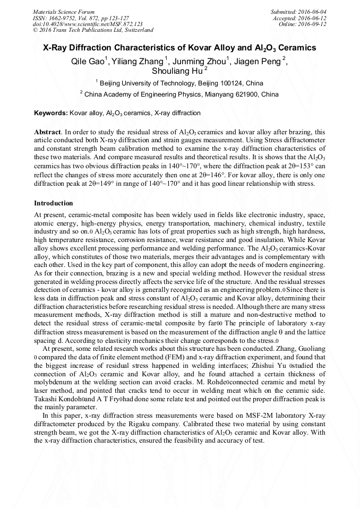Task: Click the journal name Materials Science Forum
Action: (64, 12)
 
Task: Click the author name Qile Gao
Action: (88, 61)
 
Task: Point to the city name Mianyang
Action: (221, 94)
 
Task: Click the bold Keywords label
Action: (51, 113)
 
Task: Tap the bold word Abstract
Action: (48, 132)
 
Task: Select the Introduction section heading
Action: (54, 203)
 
